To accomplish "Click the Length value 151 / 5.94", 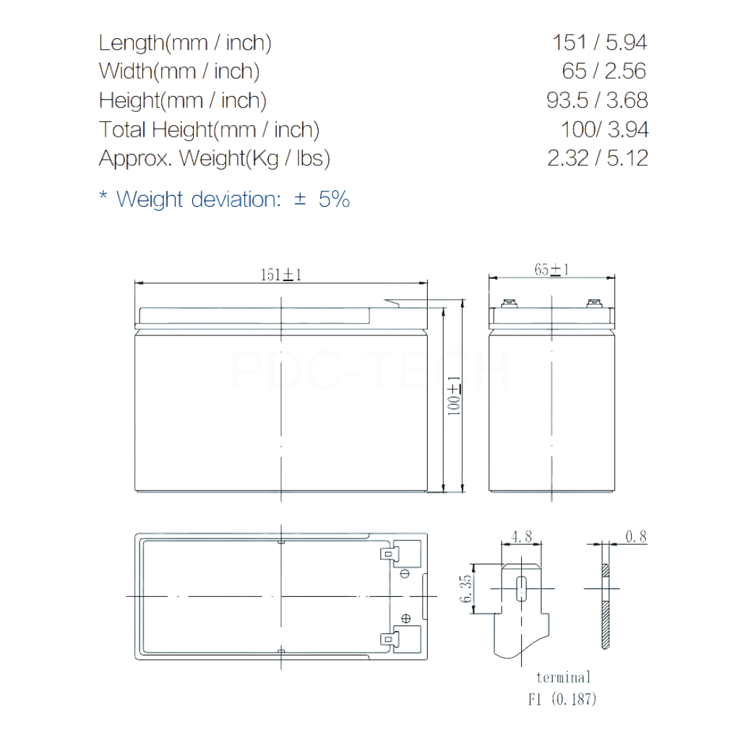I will [599, 42].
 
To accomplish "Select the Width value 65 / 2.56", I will [603, 71].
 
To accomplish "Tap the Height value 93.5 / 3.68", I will [597, 100].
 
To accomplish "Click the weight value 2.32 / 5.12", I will [598, 158].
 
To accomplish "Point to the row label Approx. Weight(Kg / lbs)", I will [214, 158].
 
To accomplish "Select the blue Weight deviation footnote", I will [224, 199].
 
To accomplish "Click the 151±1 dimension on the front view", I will [280, 275].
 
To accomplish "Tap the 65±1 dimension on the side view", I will [551, 270].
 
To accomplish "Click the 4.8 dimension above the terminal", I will [521, 537].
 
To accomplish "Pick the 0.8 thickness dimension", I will [636, 536].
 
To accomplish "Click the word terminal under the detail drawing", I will [563, 677].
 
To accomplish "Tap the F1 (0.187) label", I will [563, 699].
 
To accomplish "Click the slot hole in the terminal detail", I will [521, 588].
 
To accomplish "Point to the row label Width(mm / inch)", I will [179, 71].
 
